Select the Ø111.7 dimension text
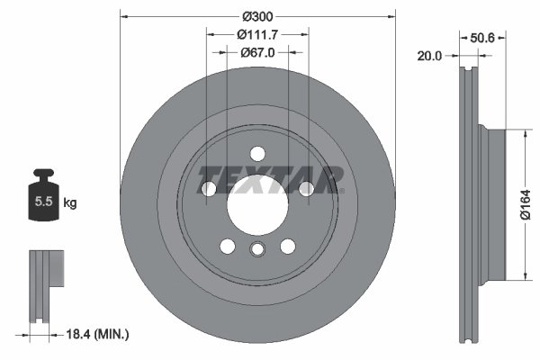(x=257, y=35)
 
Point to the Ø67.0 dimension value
(x=257, y=52)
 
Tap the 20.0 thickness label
(x=429, y=56)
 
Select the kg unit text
(x=70, y=203)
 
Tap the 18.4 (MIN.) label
(x=99, y=335)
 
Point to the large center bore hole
(x=256, y=201)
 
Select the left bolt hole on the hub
(x=209, y=188)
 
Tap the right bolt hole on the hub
(x=305, y=187)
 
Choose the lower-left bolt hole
(x=227, y=245)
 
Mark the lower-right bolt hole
(x=287, y=245)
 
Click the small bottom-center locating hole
(x=256, y=251)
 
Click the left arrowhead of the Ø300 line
(x=122, y=15)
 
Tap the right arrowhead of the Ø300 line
(x=391, y=15)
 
